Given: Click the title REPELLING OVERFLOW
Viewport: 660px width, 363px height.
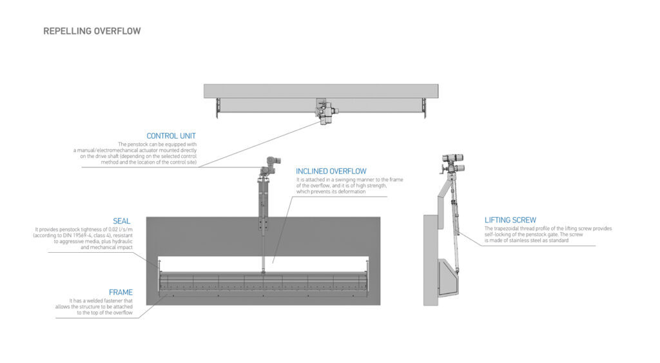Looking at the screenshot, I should pos(92,31).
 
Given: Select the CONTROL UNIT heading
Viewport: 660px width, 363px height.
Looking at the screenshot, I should pos(171,136).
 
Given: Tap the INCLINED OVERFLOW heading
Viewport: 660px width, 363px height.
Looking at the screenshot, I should pos(331,171).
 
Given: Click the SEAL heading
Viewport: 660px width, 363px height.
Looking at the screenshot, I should pos(121,221).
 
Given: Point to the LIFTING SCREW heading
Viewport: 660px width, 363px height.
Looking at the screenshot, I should pos(510,220).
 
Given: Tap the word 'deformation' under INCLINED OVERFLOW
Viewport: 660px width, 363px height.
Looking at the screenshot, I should pos(351,191).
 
